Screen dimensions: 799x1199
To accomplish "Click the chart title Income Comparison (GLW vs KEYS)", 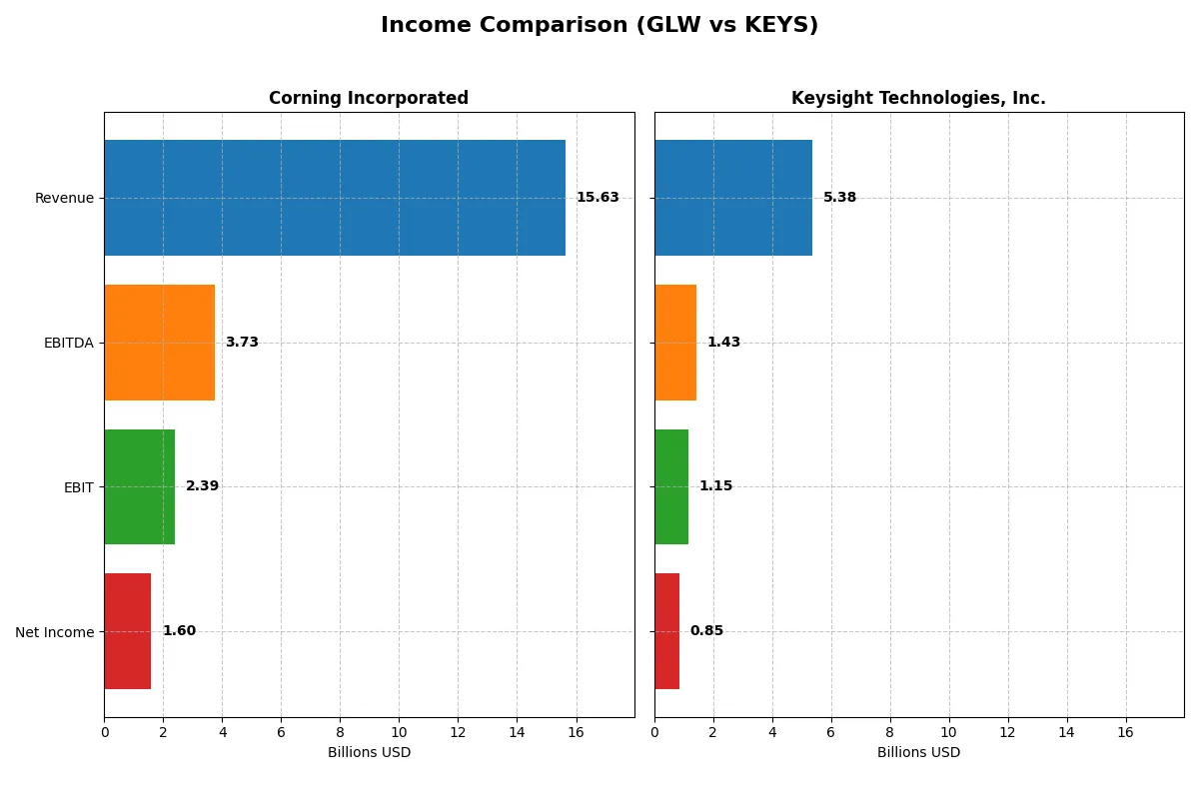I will pos(599,26).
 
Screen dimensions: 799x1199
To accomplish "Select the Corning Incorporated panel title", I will pos(369,98).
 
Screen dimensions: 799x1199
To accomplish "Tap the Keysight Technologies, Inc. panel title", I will pos(918,98).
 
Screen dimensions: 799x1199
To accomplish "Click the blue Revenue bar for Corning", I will pos(335,198).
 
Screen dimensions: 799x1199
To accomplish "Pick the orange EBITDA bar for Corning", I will pos(159,343).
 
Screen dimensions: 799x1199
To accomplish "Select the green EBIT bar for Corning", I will pos(139,486).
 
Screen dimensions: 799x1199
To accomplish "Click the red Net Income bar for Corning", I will pos(128,631).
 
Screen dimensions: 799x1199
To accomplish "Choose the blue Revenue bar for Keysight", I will pos(733,198).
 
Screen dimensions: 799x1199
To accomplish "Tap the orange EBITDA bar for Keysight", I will pos(675,343).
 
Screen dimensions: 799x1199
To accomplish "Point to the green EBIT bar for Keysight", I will pos(671,486).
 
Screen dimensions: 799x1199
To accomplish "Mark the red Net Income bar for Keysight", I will pos(666,631).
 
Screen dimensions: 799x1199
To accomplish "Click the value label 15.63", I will pos(598,198).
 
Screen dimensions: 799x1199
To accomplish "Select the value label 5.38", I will pos(839,198).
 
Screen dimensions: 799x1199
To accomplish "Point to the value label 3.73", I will pos(242,343).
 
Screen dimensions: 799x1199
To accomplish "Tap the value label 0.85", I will pos(706,631).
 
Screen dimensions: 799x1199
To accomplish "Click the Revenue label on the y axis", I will pos(64,198).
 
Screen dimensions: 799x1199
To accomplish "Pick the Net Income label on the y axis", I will pos(54,632).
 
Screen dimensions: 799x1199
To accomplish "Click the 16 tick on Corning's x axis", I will pos(576,732).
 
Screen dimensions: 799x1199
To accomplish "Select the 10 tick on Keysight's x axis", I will pos(949,732).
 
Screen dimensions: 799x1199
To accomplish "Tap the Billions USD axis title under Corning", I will pos(369,752).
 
